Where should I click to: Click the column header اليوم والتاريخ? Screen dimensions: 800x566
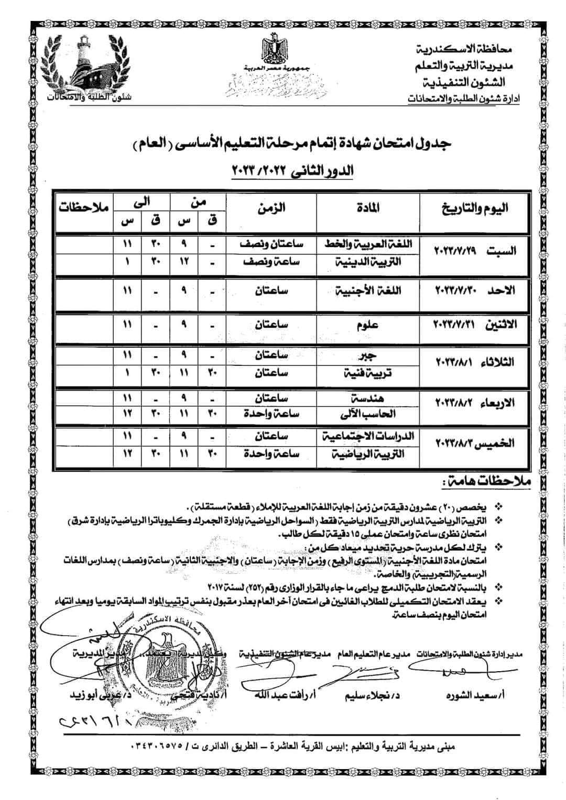tap(476, 208)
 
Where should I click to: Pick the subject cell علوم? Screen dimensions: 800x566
tap(370, 325)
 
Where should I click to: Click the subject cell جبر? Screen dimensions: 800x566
tap(370, 355)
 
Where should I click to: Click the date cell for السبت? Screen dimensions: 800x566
tap(476, 251)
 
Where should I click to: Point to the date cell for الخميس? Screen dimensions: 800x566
tap(476, 443)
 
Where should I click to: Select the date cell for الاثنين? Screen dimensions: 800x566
tap(476, 325)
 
